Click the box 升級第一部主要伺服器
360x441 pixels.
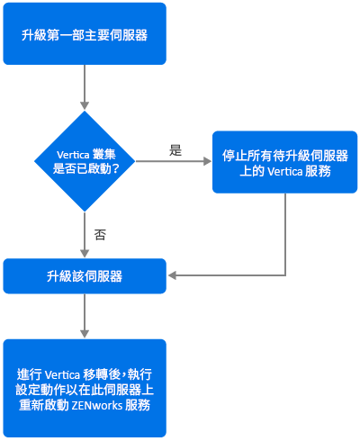[x=85, y=33]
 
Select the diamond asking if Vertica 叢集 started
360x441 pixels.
[x=85, y=161]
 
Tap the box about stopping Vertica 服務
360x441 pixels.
[x=285, y=162]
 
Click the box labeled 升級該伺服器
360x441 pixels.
[x=85, y=276]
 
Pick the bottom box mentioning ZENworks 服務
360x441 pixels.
[x=85, y=388]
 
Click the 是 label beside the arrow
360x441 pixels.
[x=175, y=150]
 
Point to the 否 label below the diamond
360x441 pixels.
[x=100, y=235]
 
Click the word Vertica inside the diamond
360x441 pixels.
[x=73, y=155]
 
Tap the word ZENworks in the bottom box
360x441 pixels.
[x=97, y=406]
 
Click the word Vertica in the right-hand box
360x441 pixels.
[x=285, y=172]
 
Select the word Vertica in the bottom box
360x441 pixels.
[x=62, y=375]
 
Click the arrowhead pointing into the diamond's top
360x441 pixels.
[x=85, y=105]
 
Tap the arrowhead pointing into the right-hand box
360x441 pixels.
[x=208, y=161]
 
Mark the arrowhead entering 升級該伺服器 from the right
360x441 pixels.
[x=172, y=275]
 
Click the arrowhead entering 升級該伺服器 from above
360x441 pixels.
[x=85, y=253]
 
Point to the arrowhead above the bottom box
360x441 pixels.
[x=85, y=334]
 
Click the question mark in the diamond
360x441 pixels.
[x=115, y=168]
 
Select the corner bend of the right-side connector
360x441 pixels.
[x=285, y=275]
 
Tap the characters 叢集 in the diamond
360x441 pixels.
[x=103, y=155]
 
